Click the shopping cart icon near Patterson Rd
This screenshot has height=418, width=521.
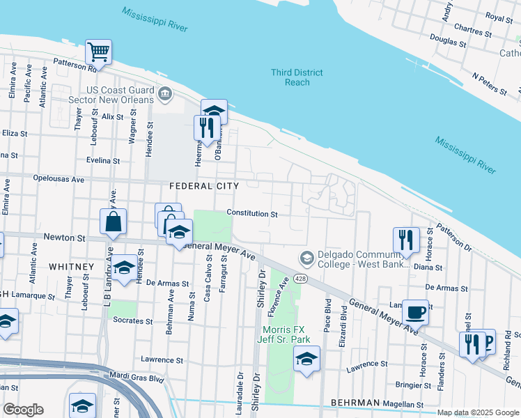[x=98, y=52]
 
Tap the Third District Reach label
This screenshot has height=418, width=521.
[x=297, y=77]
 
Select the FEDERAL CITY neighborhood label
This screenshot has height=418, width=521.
[x=204, y=186]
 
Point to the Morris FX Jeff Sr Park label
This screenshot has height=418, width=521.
[x=282, y=334]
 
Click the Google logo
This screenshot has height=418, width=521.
[x=23, y=410]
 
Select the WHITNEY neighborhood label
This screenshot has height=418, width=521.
[x=71, y=267]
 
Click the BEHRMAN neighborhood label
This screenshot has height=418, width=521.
[x=355, y=403]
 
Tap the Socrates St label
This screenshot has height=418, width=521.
[x=134, y=321]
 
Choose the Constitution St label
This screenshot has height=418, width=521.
[x=252, y=214]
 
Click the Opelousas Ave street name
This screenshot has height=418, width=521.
[x=60, y=179]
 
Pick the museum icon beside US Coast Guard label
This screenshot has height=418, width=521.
[x=164, y=93]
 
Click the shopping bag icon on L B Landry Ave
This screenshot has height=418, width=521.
[x=113, y=222]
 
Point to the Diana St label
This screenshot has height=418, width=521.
[x=428, y=267]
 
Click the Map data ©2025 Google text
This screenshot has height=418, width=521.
[x=478, y=412]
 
